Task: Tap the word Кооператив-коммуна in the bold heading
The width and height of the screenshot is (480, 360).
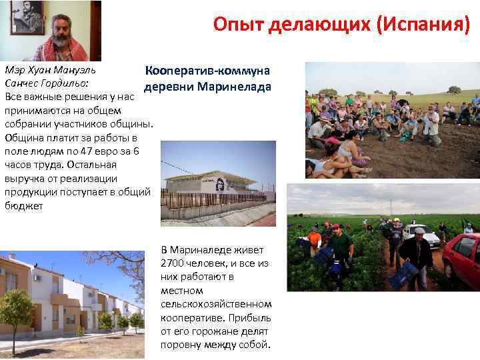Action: [x=206, y=71]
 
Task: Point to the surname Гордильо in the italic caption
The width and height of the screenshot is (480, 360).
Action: [x=63, y=83]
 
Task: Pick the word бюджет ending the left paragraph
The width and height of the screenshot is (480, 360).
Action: [x=24, y=206]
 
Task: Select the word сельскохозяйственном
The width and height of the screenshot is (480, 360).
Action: [x=216, y=303]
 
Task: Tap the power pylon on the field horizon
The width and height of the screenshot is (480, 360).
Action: [x=391, y=206]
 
